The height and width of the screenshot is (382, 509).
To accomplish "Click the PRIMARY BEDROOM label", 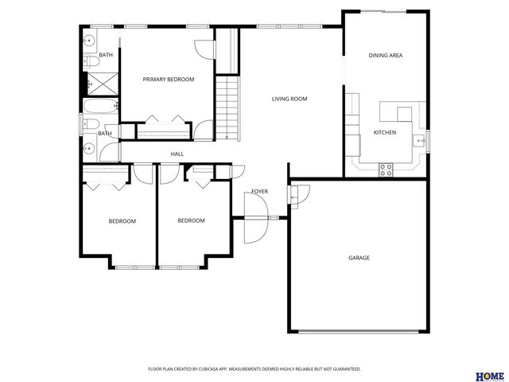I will coord(168,80).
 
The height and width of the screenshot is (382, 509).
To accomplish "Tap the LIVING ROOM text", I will coord(289,99).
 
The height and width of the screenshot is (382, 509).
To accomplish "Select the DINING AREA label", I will coord(385,56).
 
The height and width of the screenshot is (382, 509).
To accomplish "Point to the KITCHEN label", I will coord(385,132).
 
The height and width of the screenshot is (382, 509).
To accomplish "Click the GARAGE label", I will coord(359,258).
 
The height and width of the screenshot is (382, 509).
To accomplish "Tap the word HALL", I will coord(177,154).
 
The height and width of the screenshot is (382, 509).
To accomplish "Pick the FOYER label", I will coord(260,192).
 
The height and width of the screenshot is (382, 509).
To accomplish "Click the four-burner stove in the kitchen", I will coord(386,168).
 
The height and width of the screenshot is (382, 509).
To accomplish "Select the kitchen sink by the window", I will coord(418,142).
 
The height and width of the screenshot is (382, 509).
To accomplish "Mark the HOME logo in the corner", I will coord(489,375).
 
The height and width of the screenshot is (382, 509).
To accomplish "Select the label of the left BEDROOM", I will coord(122,221).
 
